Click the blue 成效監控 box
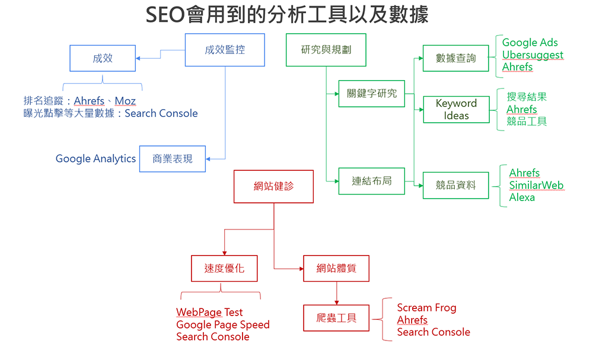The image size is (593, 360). [225, 50]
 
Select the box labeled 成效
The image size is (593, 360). [103, 58]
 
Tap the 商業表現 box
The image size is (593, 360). [173, 159]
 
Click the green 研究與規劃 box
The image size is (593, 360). [326, 50]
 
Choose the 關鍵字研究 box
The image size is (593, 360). [372, 93]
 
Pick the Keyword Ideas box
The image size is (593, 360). [456, 109]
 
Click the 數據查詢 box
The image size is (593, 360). [455, 58]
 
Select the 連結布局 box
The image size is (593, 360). [372, 181]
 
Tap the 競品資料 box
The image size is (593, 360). [455, 185]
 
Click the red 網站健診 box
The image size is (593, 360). [273, 186]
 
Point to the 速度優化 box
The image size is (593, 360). [224, 269]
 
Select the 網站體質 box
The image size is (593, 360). [336, 269]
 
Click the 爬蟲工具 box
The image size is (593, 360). [336, 318]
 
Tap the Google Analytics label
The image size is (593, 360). [95, 159]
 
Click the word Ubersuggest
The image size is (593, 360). [533, 55]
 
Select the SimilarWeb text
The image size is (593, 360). [536, 185]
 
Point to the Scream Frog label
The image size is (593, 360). [426, 308]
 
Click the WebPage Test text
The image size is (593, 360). [209, 313]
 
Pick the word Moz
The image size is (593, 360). [125, 101]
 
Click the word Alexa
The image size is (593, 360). [522, 197]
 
